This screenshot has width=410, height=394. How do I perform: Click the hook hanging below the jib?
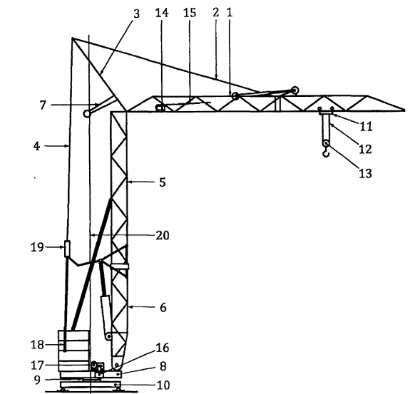click(x=326, y=153)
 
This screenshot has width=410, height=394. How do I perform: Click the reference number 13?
click(x=365, y=173)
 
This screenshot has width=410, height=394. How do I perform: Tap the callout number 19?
click(x=37, y=247)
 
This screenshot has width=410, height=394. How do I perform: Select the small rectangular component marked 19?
click(x=67, y=249)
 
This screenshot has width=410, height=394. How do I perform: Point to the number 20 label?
click(x=163, y=235)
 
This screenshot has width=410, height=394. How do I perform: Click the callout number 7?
click(x=43, y=105)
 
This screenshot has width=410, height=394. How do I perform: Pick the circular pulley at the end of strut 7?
click(x=87, y=114)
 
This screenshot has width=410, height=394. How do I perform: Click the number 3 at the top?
click(x=136, y=14)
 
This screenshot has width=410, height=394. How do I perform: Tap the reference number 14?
click(x=162, y=13)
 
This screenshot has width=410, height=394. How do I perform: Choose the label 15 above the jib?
click(x=190, y=13)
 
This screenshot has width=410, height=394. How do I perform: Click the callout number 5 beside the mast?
click(x=163, y=182)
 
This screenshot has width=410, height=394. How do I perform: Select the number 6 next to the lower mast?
click(x=163, y=308)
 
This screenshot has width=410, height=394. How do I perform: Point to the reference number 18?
click(x=37, y=345)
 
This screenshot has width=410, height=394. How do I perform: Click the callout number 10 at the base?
click(x=163, y=385)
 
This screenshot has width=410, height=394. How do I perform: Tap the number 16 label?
click(x=163, y=348)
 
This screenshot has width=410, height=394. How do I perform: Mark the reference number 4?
click(x=36, y=146)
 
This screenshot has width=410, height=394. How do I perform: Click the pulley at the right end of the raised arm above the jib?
click(x=295, y=90)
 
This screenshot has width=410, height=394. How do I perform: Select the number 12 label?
click(x=365, y=149)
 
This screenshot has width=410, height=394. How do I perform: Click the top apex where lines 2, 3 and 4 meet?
click(x=72, y=38)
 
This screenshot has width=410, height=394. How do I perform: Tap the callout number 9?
click(x=37, y=380)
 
